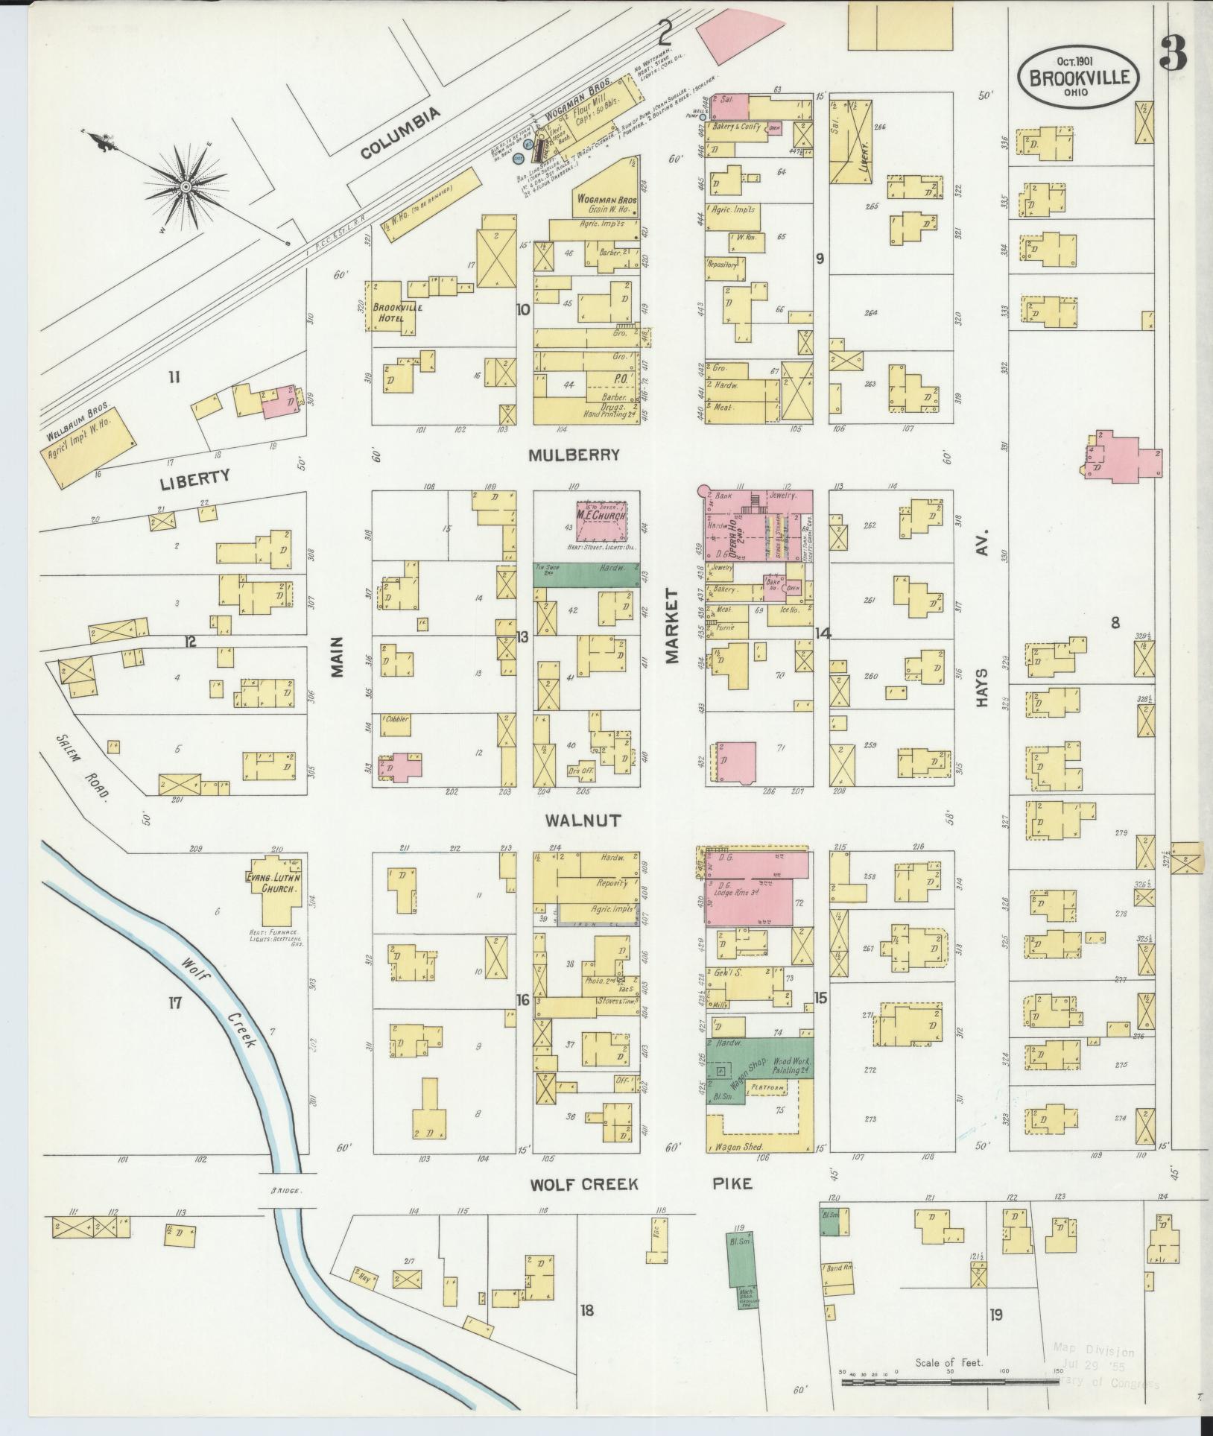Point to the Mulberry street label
click(x=574, y=455)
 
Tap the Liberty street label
click(x=195, y=478)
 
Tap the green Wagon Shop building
click(x=760, y=1063)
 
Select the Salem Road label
click(x=83, y=764)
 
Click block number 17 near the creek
click(x=174, y=1003)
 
